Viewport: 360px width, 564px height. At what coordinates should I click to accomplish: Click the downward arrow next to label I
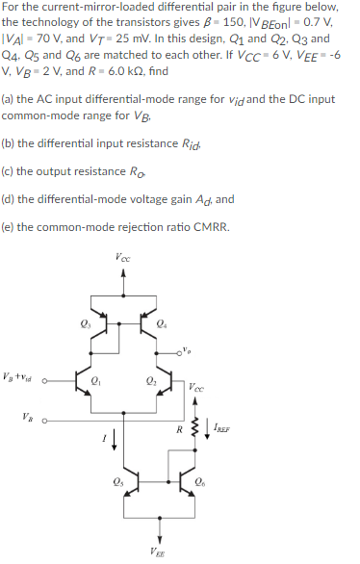118,440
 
